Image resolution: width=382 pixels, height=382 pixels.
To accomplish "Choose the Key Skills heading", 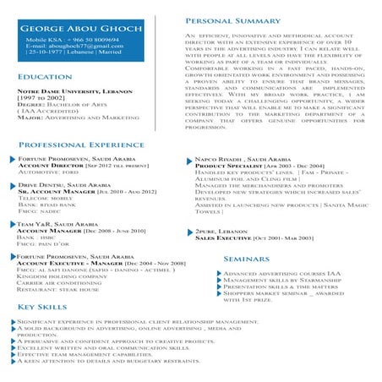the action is point(43,307).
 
